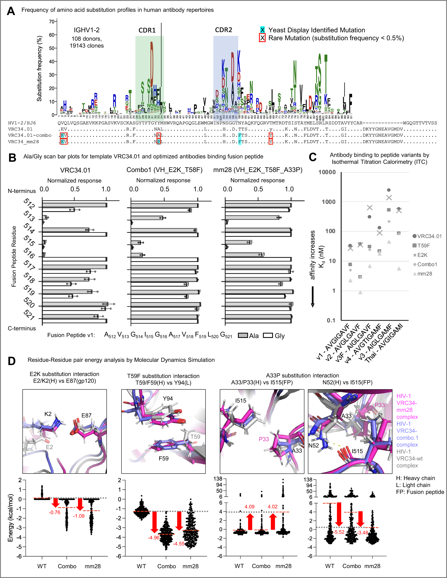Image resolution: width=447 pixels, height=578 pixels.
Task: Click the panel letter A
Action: (x=11, y=11)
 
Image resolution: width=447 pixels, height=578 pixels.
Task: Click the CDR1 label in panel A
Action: (x=147, y=30)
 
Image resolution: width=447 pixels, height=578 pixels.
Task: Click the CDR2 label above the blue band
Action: (x=223, y=30)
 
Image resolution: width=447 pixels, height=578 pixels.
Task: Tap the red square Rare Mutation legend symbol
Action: (x=262, y=38)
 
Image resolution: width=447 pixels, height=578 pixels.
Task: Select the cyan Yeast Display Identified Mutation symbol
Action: (x=262, y=30)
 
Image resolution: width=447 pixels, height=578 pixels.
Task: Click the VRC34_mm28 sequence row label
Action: (x=23, y=142)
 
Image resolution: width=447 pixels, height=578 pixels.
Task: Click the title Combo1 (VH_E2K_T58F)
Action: (x=164, y=170)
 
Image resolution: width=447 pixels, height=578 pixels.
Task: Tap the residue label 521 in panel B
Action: (x=29, y=315)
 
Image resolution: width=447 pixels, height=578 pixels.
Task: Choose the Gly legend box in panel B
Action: (x=268, y=335)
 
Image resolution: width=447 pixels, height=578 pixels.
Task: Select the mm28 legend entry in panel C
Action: (x=424, y=274)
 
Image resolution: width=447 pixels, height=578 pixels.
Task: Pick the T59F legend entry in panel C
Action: (x=423, y=246)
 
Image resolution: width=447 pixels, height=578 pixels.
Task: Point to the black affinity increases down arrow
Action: (x=312, y=297)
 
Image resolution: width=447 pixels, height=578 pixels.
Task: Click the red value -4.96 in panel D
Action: (x=153, y=538)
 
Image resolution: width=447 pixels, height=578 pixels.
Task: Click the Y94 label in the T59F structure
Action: (x=168, y=399)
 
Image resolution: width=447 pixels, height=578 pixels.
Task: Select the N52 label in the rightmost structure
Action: (x=314, y=446)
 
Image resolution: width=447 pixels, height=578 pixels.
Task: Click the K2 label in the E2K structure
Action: (x=48, y=414)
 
